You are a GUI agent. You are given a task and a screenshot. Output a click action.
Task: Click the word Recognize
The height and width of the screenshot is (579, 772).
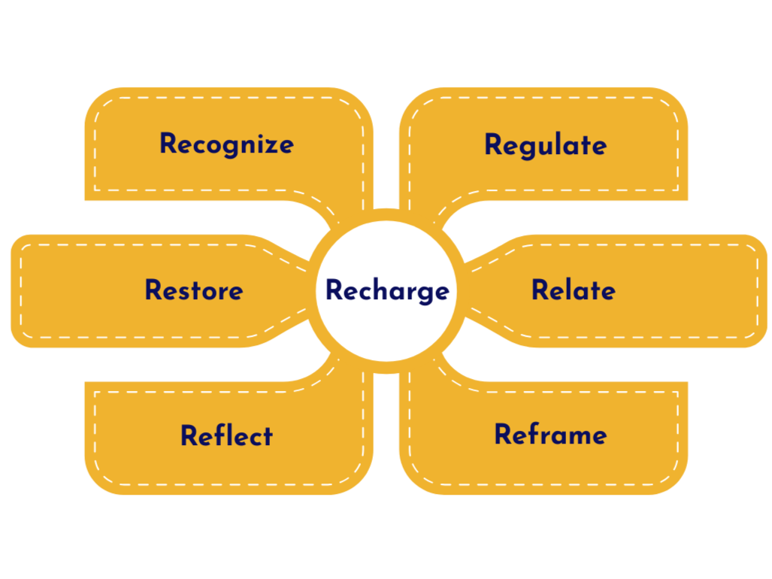coord(226,144)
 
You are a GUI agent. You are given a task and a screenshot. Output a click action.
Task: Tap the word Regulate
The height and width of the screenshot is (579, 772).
coord(545,145)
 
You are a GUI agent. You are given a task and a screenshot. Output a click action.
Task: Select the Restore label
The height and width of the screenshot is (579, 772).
coord(194,290)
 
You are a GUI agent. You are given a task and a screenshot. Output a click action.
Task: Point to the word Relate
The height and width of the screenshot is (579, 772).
coord(573,290)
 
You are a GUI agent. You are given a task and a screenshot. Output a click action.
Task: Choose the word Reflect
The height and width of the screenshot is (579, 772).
coord(226,435)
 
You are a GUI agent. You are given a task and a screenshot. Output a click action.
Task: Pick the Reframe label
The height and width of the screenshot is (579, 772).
coord(550,435)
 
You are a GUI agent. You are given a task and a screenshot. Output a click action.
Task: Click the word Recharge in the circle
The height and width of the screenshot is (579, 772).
coord(386,291)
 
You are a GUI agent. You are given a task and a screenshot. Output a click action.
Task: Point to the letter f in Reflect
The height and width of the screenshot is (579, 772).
coord(215,435)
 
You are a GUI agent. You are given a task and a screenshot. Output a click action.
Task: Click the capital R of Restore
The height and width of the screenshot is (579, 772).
coord(154,290)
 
